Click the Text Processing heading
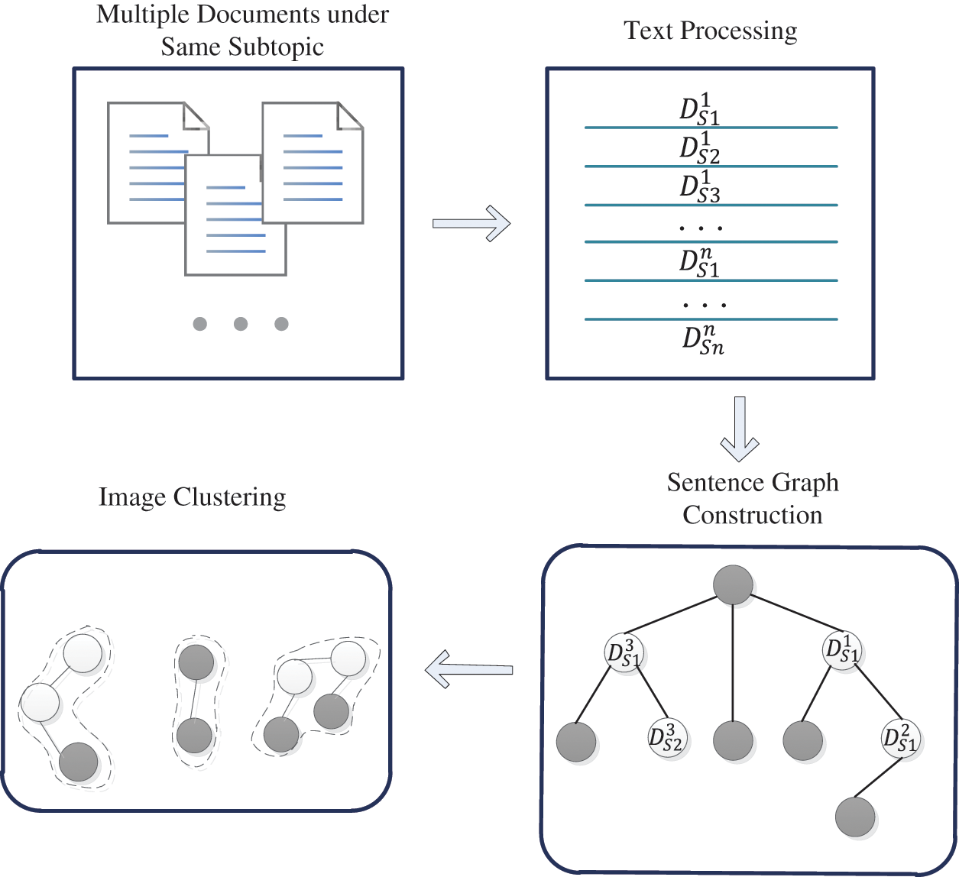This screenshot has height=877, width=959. (x=710, y=31)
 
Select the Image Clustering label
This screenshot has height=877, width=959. (x=192, y=497)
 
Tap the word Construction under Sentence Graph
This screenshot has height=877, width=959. (x=752, y=515)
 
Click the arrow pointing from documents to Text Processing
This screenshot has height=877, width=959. (x=471, y=223)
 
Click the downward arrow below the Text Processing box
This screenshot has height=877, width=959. (x=739, y=429)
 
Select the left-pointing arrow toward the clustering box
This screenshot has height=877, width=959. (x=468, y=669)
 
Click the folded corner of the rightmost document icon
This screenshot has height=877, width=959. (x=351, y=115)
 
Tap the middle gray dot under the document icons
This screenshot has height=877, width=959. (x=241, y=324)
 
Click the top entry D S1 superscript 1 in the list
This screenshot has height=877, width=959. (x=699, y=109)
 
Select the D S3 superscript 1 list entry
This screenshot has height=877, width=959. (x=699, y=187)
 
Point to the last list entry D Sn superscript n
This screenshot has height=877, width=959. (x=702, y=340)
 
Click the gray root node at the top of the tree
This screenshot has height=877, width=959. (x=733, y=585)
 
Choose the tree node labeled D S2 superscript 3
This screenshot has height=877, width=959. (x=666, y=738)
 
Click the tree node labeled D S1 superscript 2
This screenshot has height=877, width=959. (x=900, y=738)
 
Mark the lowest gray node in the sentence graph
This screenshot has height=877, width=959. (x=854, y=817)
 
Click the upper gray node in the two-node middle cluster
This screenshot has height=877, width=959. (x=196, y=662)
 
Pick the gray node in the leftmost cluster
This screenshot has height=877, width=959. (x=79, y=762)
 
